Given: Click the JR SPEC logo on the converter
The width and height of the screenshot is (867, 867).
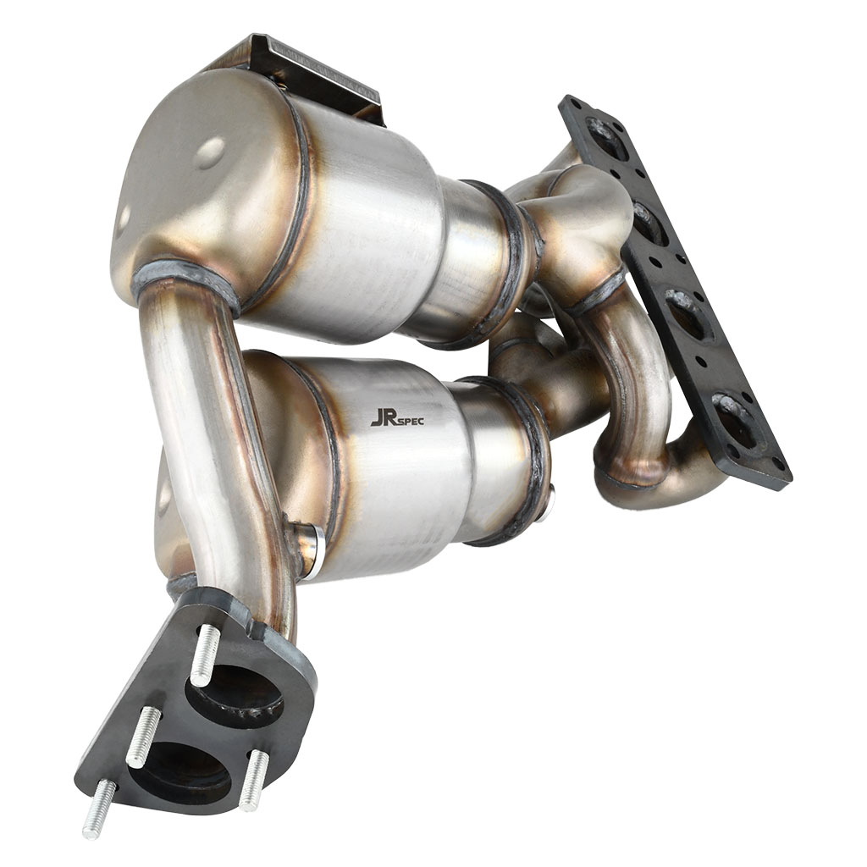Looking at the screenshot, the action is (397, 418).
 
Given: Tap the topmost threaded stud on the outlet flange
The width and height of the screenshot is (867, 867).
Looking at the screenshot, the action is (205, 654).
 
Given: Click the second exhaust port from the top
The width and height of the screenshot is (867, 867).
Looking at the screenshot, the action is (650, 224).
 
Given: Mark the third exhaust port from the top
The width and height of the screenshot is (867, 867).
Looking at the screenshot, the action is (688, 314).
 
